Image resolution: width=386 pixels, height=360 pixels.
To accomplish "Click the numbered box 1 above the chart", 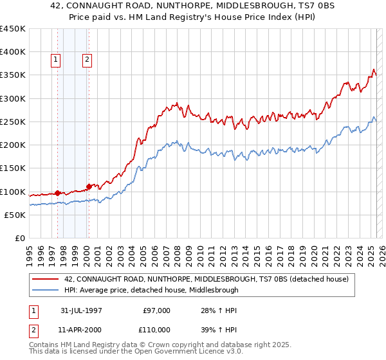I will pos(55,60).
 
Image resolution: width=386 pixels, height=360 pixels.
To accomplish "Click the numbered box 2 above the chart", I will pos(86,60).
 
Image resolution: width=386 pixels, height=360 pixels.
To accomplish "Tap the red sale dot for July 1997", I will pos(58,192).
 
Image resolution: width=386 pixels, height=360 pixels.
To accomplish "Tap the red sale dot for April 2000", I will pos(89,186).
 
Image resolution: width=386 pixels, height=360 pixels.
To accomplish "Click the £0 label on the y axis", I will pos(20,239).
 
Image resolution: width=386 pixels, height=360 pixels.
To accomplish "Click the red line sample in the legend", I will pos(45,279).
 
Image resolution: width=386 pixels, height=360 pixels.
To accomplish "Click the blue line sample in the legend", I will pos(45,290).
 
